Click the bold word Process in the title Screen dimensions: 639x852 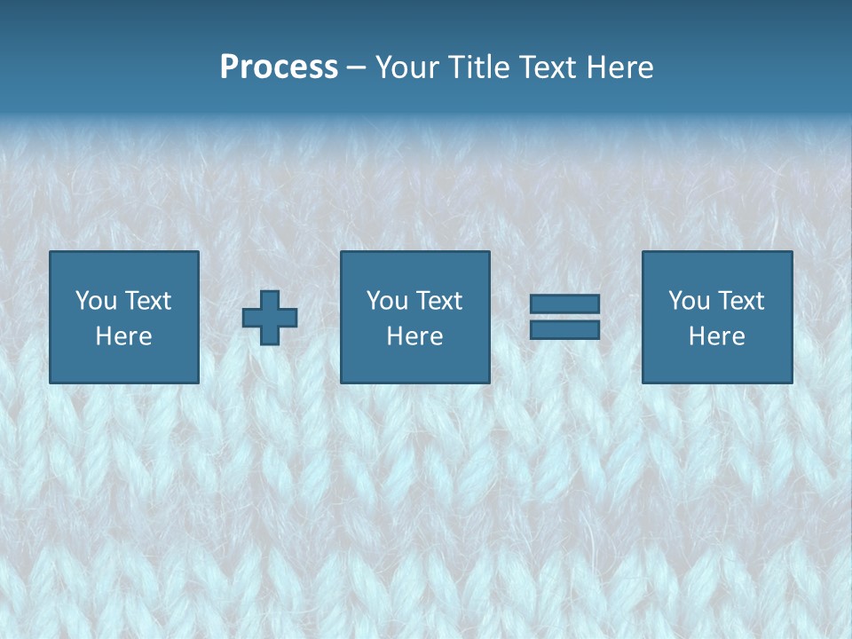[x=279, y=67]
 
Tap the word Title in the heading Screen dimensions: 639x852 [x=475, y=67]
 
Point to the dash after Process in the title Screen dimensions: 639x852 [x=356, y=68]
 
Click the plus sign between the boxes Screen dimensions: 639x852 [x=270, y=318]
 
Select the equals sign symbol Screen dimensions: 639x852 [x=564, y=317]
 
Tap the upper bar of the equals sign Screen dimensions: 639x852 [x=564, y=304]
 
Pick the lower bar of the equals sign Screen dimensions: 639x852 [x=564, y=329]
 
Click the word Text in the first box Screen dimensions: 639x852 [x=147, y=301]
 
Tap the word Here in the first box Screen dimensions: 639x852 [x=124, y=336]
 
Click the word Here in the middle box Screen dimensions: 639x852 [x=415, y=336]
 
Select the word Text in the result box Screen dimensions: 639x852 [x=740, y=301]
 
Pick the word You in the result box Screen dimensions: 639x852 [x=689, y=301]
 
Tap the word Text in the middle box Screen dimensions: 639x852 [x=438, y=301]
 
